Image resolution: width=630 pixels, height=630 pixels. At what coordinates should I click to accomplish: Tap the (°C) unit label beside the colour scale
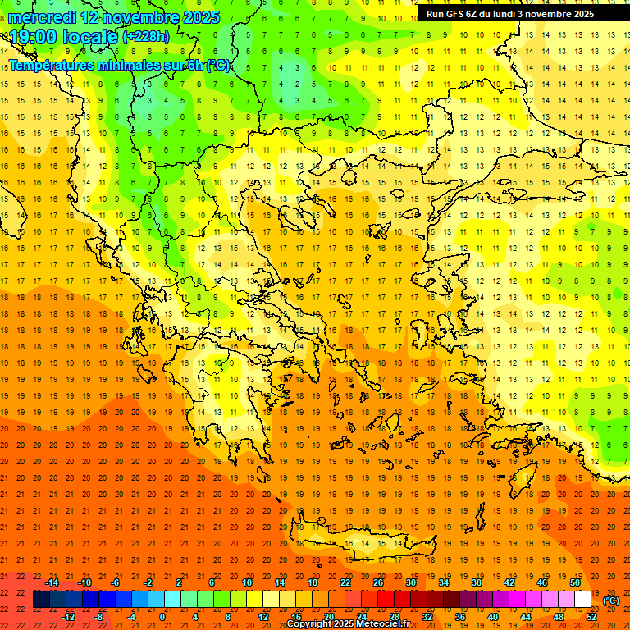pos(611,601)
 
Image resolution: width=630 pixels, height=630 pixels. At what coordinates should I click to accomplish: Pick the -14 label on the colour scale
pos(52,582)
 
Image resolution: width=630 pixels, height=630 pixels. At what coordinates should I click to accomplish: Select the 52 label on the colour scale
pos(591,616)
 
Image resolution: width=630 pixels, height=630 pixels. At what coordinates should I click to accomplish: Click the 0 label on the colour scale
pos(162,616)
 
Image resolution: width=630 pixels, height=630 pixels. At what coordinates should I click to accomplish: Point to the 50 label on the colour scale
pos(576,582)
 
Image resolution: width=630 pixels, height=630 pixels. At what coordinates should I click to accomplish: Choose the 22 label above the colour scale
pos(345,582)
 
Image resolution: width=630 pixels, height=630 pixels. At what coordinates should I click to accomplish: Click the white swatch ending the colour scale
pos(583,600)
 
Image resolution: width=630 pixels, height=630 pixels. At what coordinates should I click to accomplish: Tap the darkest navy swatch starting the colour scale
pos(42,600)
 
